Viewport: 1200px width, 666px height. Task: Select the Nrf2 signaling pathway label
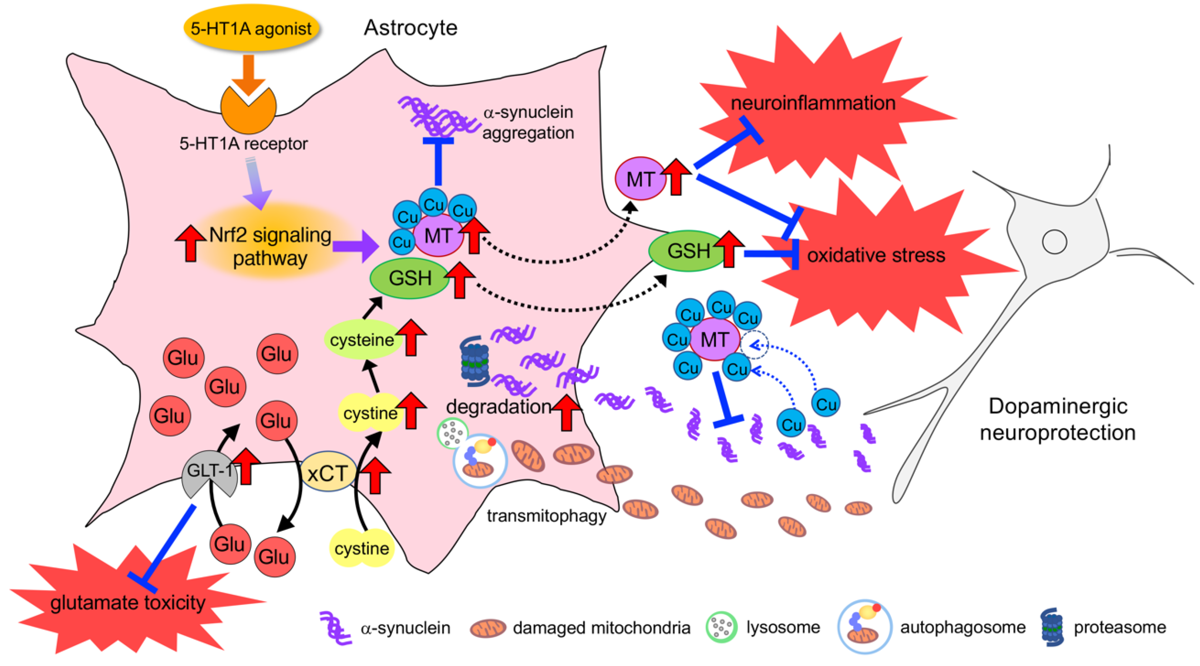click(270, 246)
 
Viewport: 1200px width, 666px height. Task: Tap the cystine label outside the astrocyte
click(362, 549)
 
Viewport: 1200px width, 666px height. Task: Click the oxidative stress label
click(876, 255)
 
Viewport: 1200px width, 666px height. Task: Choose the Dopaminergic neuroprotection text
click(1057, 419)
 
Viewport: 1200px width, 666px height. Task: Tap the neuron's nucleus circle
click(1055, 242)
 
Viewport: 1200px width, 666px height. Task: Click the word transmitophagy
click(546, 516)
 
